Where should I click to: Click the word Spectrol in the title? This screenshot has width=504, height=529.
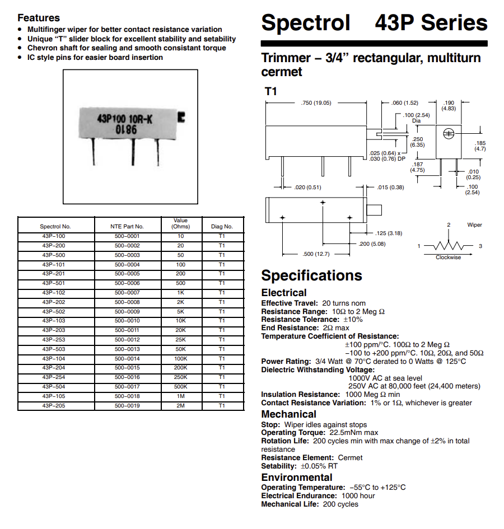tap(305, 24)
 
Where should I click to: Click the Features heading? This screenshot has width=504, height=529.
tap(38, 18)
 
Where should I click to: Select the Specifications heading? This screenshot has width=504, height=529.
tap(311, 275)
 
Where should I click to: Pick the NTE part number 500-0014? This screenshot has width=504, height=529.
tap(127, 358)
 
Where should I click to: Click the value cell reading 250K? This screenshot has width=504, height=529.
tap(180, 377)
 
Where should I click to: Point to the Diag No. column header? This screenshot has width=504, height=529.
tap(222, 227)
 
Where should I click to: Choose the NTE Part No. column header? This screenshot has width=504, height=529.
tap(127, 227)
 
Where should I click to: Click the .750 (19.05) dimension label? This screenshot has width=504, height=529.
tap(316, 102)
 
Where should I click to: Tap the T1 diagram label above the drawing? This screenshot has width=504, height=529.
tap(271, 91)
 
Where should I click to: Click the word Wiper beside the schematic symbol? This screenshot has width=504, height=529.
tap(474, 225)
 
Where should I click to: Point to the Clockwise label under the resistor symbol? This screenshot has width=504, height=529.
tap(449, 258)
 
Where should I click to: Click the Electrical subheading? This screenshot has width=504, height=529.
tap(284, 293)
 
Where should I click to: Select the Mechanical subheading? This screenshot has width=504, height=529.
tap(288, 414)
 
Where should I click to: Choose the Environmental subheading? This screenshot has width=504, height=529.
tap(296, 477)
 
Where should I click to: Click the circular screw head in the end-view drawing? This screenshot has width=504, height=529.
tap(448, 133)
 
